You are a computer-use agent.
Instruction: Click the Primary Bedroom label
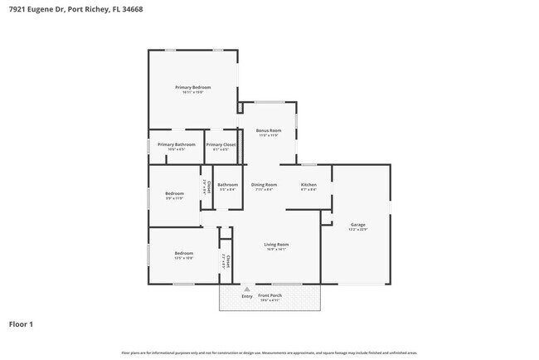[x=192, y=87]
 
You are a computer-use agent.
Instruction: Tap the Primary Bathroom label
[x=176, y=144]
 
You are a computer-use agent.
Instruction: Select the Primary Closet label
[x=221, y=144]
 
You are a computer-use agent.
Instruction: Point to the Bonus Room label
[x=269, y=130]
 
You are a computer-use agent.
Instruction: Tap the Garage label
[x=358, y=225]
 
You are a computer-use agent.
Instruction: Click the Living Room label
[x=276, y=245]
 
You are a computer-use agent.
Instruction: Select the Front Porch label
[x=269, y=295]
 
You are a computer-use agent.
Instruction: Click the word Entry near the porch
[x=247, y=296]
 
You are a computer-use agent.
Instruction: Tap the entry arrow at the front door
[x=246, y=289]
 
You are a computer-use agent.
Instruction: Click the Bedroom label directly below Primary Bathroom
[x=174, y=193]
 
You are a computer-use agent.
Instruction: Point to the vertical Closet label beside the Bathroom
[x=207, y=187]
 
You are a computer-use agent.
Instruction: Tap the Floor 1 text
[x=22, y=324]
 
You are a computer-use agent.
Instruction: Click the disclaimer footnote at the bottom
[x=269, y=353]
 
